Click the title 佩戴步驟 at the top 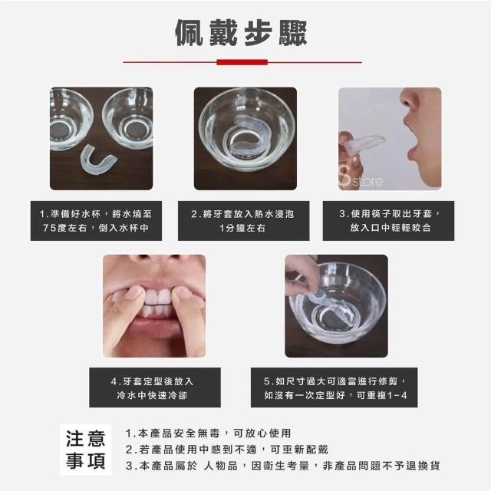click(x=241, y=32)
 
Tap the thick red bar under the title click(x=242, y=62)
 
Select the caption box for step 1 click(x=96, y=221)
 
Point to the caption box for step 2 click(x=244, y=221)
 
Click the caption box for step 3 click(x=388, y=221)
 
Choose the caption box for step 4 click(x=155, y=387)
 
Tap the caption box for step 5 click(x=334, y=387)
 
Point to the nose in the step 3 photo click(x=410, y=101)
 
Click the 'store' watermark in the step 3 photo click(x=367, y=182)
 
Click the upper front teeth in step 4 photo click(x=158, y=298)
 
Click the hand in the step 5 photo click(x=301, y=275)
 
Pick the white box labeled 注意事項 click(x=85, y=450)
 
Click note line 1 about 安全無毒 click(x=208, y=433)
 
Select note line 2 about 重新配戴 click(x=227, y=450)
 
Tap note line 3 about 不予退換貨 click(x=283, y=466)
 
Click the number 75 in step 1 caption click(x=48, y=228)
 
